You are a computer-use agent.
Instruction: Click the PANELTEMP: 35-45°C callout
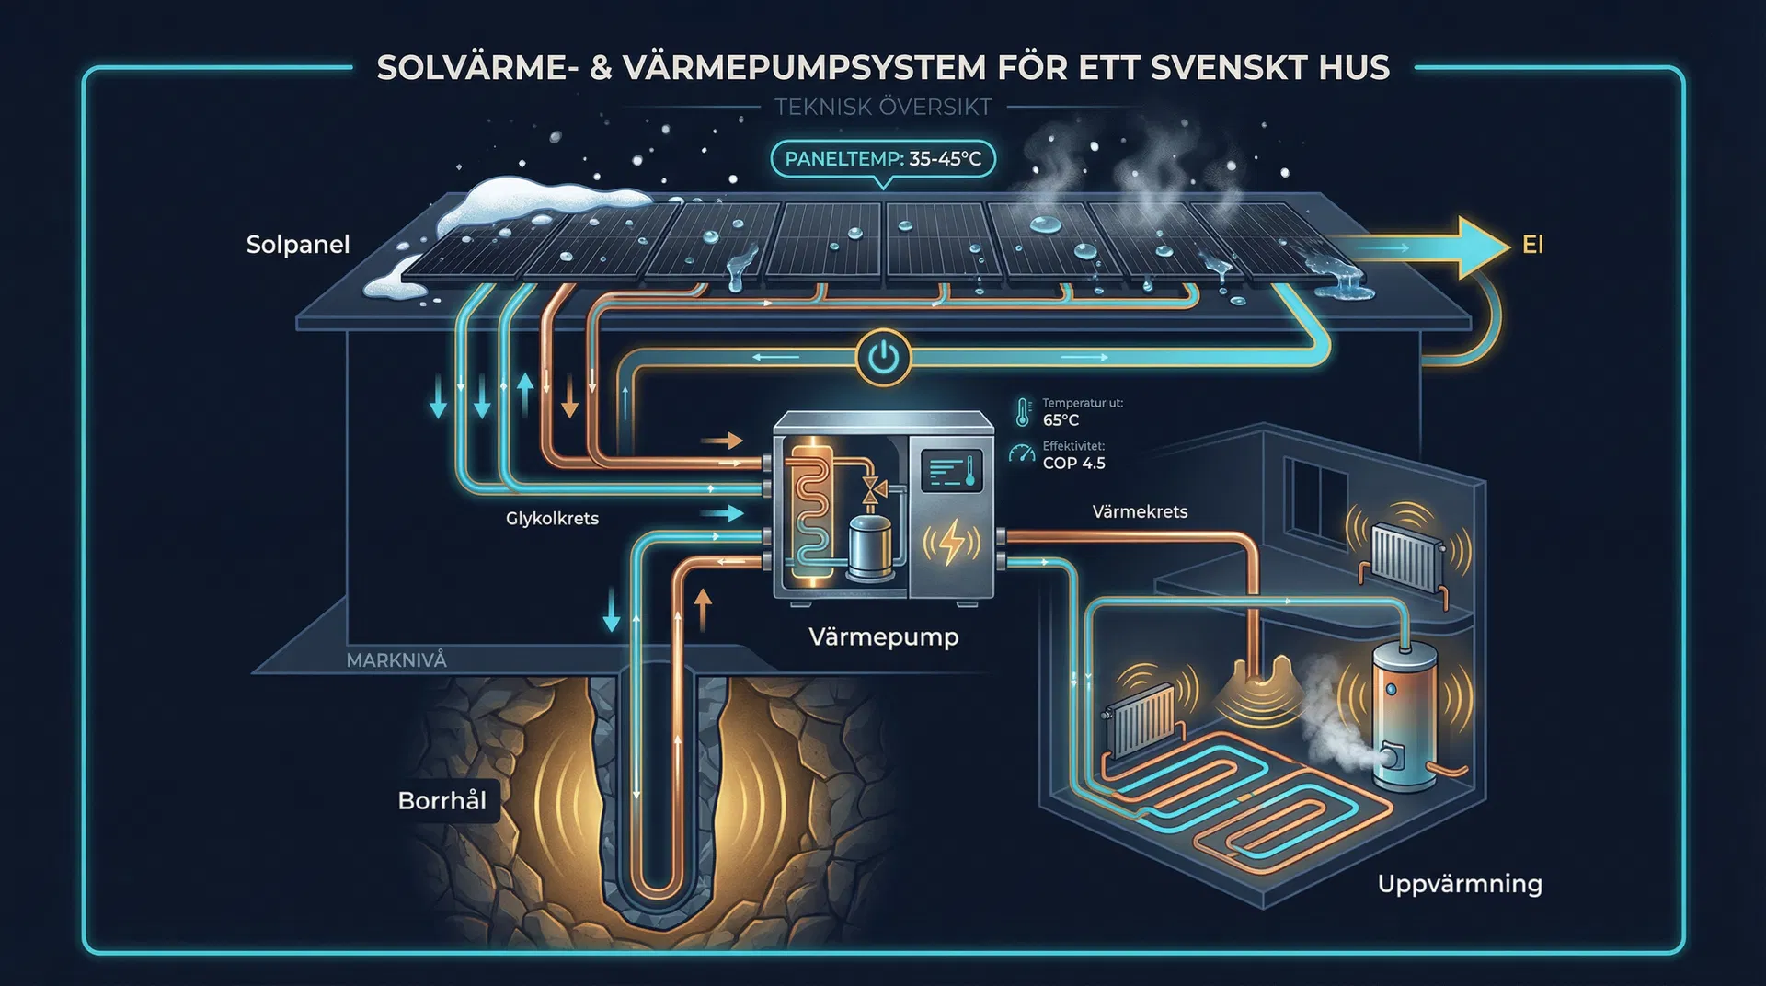(x=882, y=158)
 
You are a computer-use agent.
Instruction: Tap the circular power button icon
(x=883, y=358)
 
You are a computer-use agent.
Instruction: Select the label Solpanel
(x=298, y=245)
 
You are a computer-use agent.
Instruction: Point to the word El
(x=1532, y=245)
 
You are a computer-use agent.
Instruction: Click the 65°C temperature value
(x=1061, y=420)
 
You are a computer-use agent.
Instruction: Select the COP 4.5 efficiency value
(x=1073, y=463)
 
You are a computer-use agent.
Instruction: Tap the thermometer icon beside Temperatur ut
(x=1023, y=412)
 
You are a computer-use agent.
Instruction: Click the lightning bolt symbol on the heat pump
(x=951, y=542)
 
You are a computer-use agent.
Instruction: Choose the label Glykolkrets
(x=552, y=519)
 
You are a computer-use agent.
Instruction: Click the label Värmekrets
(x=1140, y=511)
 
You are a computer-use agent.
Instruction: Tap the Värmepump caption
(x=883, y=636)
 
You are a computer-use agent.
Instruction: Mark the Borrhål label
(x=442, y=800)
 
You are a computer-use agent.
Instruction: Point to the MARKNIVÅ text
(x=396, y=659)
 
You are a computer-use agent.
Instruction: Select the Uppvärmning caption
(x=1460, y=884)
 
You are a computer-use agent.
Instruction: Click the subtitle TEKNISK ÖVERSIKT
(x=883, y=107)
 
